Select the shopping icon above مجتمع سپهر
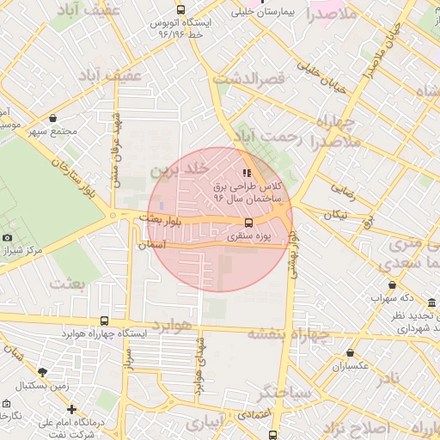(x=53, y=119)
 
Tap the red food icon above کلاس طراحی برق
(x=247, y=173)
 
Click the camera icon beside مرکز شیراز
(x=8, y=237)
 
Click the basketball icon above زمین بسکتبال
(x=42, y=373)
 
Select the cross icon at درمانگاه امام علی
(x=72, y=410)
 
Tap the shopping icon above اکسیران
(x=351, y=353)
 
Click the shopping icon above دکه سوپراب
(x=393, y=285)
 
